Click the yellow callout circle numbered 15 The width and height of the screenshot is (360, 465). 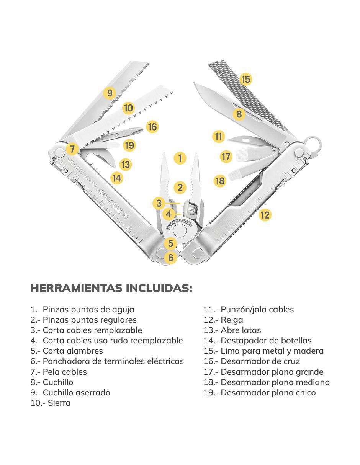click(x=245, y=79)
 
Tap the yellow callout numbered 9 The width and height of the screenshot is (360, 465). click(x=110, y=93)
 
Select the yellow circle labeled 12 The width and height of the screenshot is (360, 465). click(x=265, y=215)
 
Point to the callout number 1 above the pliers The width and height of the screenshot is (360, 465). click(x=180, y=158)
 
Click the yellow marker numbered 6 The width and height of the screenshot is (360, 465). click(x=170, y=257)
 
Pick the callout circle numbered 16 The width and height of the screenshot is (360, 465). click(x=152, y=127)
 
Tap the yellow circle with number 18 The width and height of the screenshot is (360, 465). click(x=220, y=181)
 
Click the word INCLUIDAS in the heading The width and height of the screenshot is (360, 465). click(x=159, y=288)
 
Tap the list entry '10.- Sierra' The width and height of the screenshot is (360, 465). click(x=51, y=403)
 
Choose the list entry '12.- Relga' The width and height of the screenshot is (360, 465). click(x=223, y=320)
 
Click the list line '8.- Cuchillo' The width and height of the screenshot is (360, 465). click(x=52, y=382)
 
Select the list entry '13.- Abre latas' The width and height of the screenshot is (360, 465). click(x=232, y=330)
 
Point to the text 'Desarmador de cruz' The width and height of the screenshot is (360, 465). click(x=260, y=361)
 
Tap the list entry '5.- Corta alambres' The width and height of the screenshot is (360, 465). click(x=67, y=351)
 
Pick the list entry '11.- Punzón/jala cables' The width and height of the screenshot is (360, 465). click(x=249, y=310)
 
